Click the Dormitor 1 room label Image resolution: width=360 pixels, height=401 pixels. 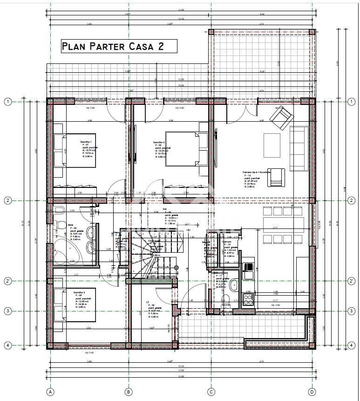pos(86,142)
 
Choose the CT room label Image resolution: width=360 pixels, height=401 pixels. pos(147,302)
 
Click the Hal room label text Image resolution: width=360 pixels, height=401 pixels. pos(164,209)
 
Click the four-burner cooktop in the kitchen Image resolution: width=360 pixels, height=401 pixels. pos(248,297)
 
